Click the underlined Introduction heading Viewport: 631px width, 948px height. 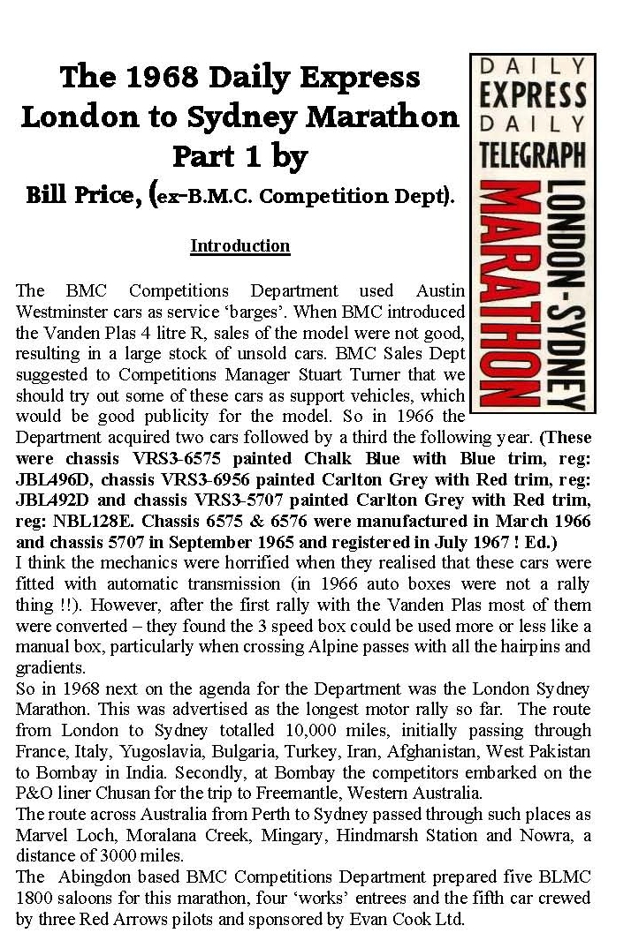(240, 245)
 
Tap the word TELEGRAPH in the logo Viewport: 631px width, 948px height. (533, 154)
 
